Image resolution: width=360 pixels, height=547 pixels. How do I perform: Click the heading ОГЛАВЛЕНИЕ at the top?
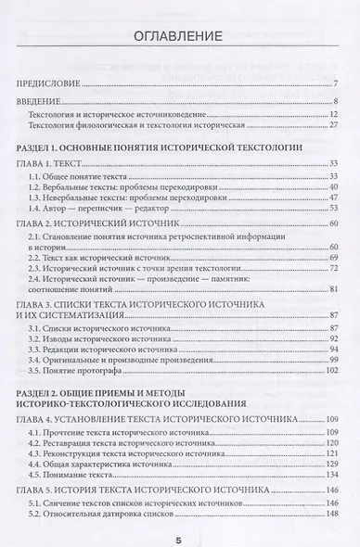179,37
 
